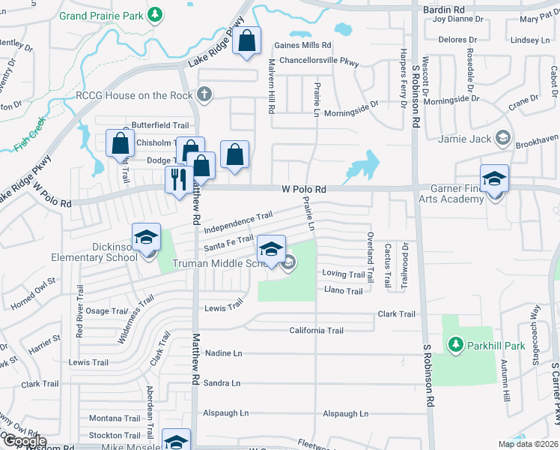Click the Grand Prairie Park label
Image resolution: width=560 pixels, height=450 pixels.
101,15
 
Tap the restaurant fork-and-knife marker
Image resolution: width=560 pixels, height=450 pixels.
177,179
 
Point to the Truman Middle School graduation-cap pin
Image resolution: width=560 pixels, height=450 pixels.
272,249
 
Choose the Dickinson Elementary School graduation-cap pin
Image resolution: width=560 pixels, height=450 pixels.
146,238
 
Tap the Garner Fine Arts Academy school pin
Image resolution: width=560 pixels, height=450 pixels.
494,179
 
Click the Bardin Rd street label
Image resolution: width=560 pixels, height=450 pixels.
437,9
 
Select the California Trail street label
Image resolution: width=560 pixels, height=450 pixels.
316,331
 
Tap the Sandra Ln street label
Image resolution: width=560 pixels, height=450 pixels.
222,383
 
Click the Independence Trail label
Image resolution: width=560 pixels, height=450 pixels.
237,220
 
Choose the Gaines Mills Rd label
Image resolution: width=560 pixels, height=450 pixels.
302,45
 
